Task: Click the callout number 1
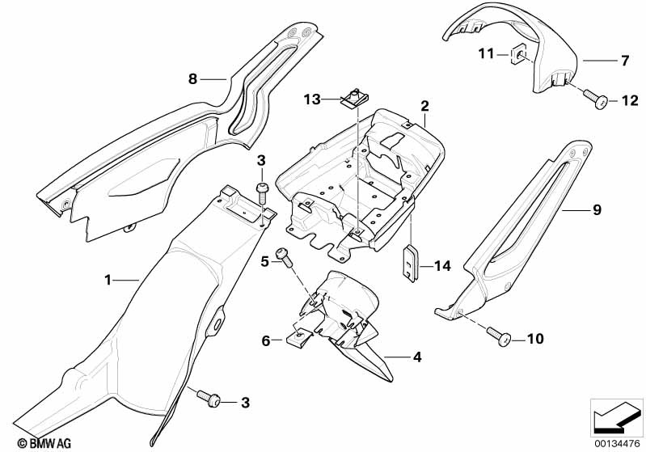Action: point(108,280)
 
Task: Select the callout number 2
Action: point(424,105)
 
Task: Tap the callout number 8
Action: point(192,78)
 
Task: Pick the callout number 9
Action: point(597,210)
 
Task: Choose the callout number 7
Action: point(623,60)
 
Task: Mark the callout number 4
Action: point(417,356)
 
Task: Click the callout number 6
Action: point(265,341)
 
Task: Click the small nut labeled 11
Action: point(521,55)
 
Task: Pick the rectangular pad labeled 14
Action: point(412,264)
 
